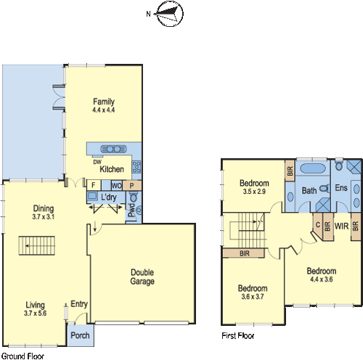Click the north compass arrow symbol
(x=167, y=13)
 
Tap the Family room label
(x=105, y=102)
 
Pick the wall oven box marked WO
(x=116, y=185)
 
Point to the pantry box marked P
(x=132, y=185)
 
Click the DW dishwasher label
(x=97, y=162)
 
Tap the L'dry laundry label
(x=110, y=197)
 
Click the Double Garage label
(x=142, y=277)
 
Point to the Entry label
(x=78, y=304)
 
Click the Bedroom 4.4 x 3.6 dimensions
(x=322, y=260)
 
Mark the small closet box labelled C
(x=318, y=224)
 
